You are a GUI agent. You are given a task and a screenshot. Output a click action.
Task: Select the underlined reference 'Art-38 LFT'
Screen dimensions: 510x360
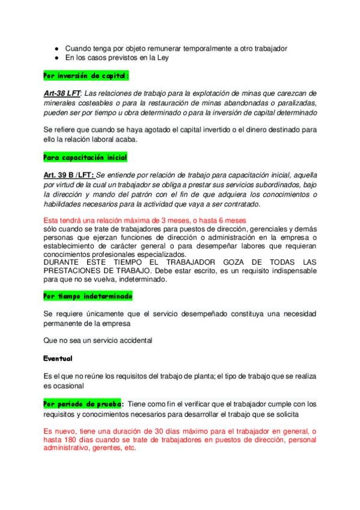coord(61,93)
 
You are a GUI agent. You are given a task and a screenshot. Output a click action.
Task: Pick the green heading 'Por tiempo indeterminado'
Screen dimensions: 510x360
coord(88,296)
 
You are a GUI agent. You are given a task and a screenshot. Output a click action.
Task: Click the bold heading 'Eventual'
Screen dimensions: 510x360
coord(58,359)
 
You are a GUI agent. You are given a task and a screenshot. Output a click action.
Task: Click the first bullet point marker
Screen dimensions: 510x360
coord(56,48)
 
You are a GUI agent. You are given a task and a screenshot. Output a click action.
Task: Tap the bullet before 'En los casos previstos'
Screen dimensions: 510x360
coord(56,58)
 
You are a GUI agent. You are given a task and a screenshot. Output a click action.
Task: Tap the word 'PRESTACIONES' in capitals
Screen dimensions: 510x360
coord(75,271)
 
